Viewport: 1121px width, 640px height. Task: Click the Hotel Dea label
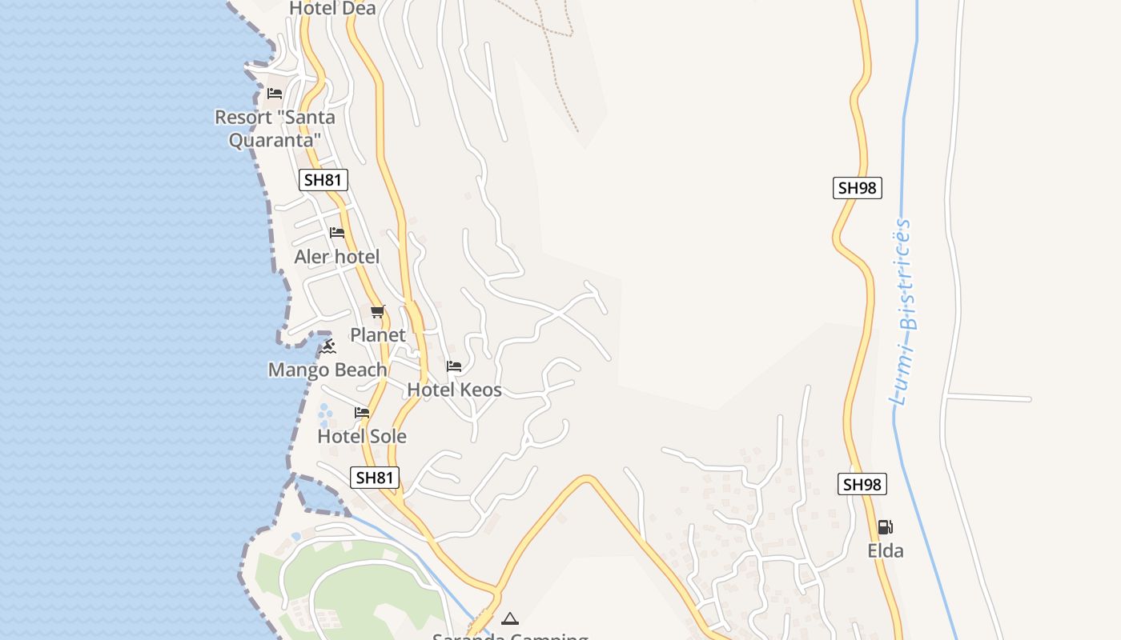(332, 8)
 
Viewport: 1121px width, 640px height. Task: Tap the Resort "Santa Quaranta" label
(275, 128)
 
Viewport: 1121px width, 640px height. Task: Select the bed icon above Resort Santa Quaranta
(275, 94)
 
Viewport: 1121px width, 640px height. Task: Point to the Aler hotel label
(336, 257)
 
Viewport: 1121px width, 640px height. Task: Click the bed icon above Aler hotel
(337, 233)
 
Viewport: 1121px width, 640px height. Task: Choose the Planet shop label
(378, 334)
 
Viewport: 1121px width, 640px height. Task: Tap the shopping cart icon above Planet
(378, 311)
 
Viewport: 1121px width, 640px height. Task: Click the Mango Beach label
(327, 370)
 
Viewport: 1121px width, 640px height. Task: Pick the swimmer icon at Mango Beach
(327, 346)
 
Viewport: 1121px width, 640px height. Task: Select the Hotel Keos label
(454, 390)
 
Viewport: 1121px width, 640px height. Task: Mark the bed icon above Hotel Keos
(454, 367)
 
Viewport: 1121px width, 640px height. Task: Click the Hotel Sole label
(362, 436)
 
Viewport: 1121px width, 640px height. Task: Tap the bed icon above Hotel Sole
(362, 413)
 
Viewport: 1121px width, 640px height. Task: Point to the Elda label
(886, 550)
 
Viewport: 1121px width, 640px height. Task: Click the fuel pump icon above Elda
(885, 527)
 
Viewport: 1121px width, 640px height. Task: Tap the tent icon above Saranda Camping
(510, 618)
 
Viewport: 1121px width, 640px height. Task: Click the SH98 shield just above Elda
(862, 484)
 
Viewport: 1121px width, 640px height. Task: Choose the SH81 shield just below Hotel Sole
(375, 478)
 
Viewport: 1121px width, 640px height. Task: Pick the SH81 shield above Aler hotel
(323, 180)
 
